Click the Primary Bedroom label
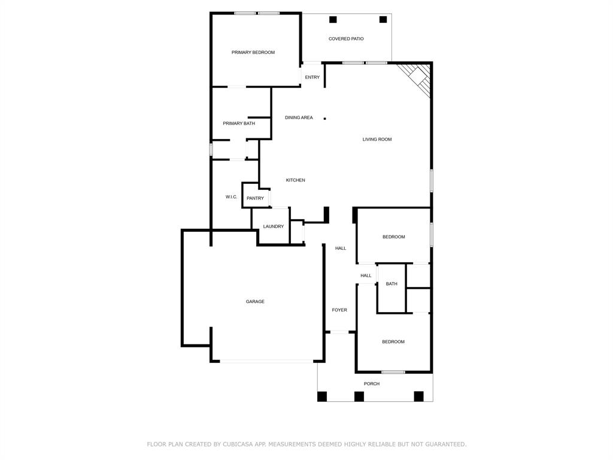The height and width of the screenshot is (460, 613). coord(253,53)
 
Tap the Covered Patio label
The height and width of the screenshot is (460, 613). coord(346,39)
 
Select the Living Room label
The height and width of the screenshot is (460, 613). coord(377,140)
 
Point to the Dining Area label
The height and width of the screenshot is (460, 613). coord(299,118)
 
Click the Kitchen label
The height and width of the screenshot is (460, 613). coord(295,180)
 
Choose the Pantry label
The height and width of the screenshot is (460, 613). coord(255,198)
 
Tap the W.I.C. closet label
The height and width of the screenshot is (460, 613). coord(231,197)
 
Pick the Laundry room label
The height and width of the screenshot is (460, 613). coord(273,226)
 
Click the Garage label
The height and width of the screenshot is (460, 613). coord(255,302)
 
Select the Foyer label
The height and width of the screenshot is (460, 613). coord(339,310)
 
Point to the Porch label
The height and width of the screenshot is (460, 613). coord(372,384)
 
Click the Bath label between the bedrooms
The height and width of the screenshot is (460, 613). coord(392,284)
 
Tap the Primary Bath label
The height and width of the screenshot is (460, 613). coord(239,123)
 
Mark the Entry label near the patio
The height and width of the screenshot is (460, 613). coord(312,77)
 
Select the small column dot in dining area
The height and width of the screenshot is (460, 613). coord(325,119)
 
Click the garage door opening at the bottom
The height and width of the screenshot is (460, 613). coord(266,361)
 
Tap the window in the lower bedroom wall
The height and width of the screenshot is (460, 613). coord(393,372)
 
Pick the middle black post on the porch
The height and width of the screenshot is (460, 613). coord(359,396)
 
